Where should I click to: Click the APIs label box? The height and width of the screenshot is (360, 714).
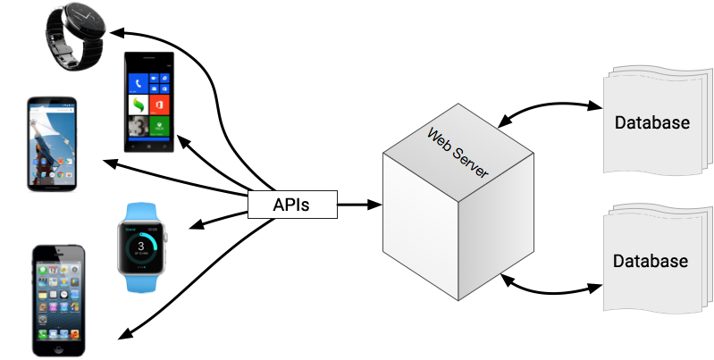click(291, 205)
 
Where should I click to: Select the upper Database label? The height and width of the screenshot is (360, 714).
click(652, 122)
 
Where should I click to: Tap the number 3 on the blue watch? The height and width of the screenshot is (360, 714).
click(140, 239)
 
